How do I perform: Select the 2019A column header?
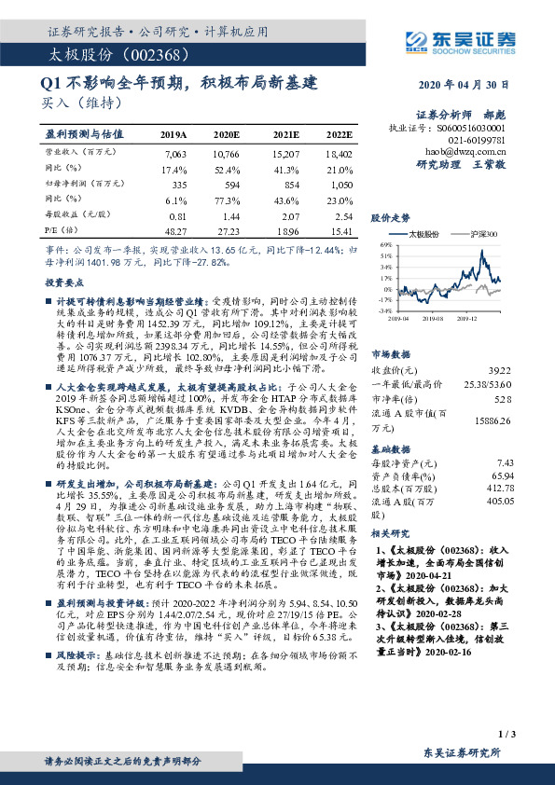point(173,134)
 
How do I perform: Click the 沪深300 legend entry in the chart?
point(483,235)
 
